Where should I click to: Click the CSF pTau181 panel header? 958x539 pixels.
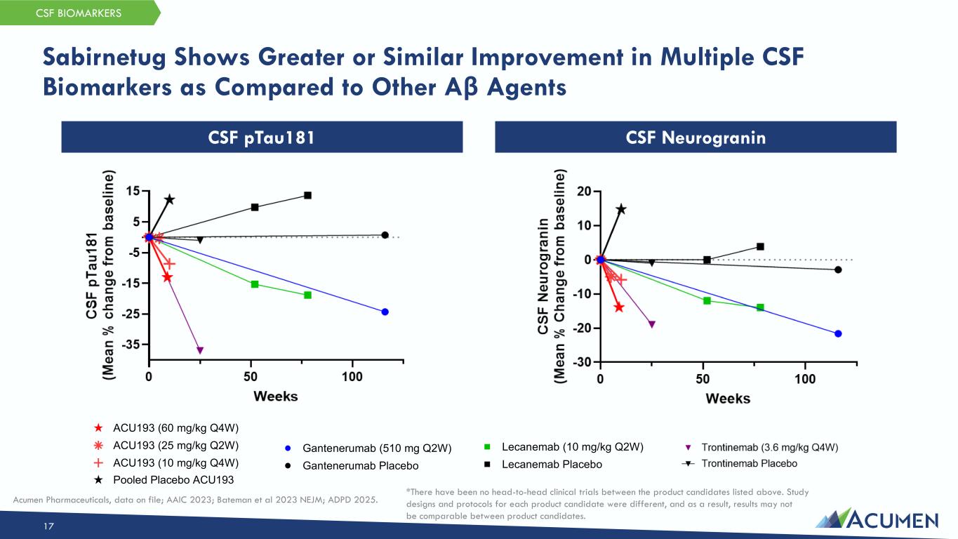[x=262, y=138]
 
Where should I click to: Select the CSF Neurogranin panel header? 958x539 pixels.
[x=695, y=138]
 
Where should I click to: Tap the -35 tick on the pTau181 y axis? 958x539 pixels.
[x=131, y=345]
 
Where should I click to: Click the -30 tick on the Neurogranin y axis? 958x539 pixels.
[x=582, y=363]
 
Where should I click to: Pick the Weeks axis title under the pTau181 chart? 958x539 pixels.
[x=275, y=397]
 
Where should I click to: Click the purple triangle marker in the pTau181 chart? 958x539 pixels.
[x=200, y=350]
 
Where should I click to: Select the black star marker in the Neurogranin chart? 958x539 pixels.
[x=621, y=209]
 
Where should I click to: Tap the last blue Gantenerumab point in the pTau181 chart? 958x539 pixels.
[x=385, y=312]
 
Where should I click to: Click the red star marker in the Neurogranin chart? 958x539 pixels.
[x=618, y=307]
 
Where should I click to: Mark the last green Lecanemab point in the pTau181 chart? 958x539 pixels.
[x=307, y=295]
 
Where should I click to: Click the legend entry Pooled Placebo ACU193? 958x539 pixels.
[x=173, y=479]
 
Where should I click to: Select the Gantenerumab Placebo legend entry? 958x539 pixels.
[x=360, y=466]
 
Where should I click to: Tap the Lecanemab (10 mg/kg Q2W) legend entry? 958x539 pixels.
[x=573, y=446]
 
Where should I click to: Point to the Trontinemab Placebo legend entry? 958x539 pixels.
[x=749, y=463]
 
